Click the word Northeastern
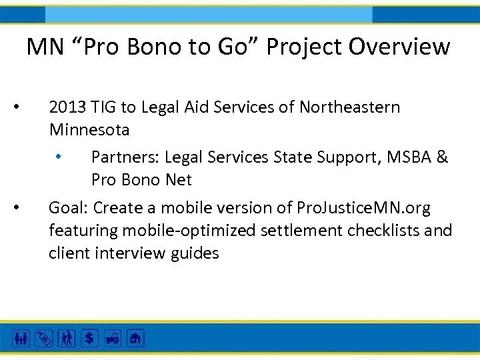click(349, 107)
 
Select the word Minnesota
click(89, 129)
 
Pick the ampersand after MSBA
click(443, 157)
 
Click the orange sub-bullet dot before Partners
click(59, 157)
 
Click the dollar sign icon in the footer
click(89, 338)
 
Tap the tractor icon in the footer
click(112, 338)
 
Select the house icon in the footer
click(135, 338)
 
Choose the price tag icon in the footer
click(44, 338)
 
